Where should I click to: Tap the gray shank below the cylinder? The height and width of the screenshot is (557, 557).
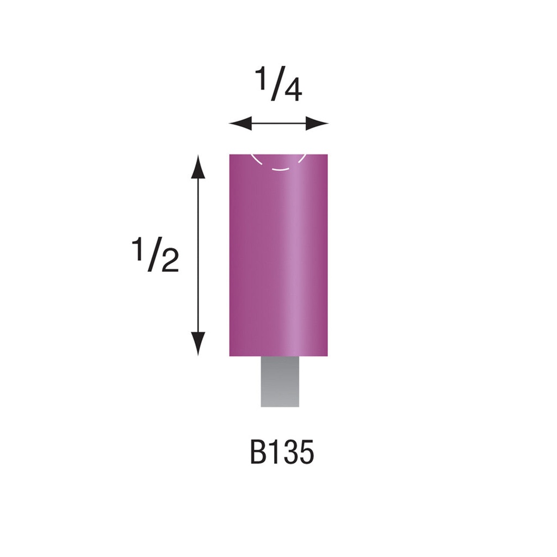click(280, 382)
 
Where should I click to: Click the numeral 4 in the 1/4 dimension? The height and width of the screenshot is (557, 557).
click(293, 91)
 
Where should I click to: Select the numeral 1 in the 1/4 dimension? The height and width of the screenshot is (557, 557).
click(262, 79)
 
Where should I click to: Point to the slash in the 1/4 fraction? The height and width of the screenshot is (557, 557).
click(276, 85)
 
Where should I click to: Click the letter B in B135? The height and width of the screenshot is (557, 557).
click(258, 453)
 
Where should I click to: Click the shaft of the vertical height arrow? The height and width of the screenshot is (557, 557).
click(199, 256)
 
